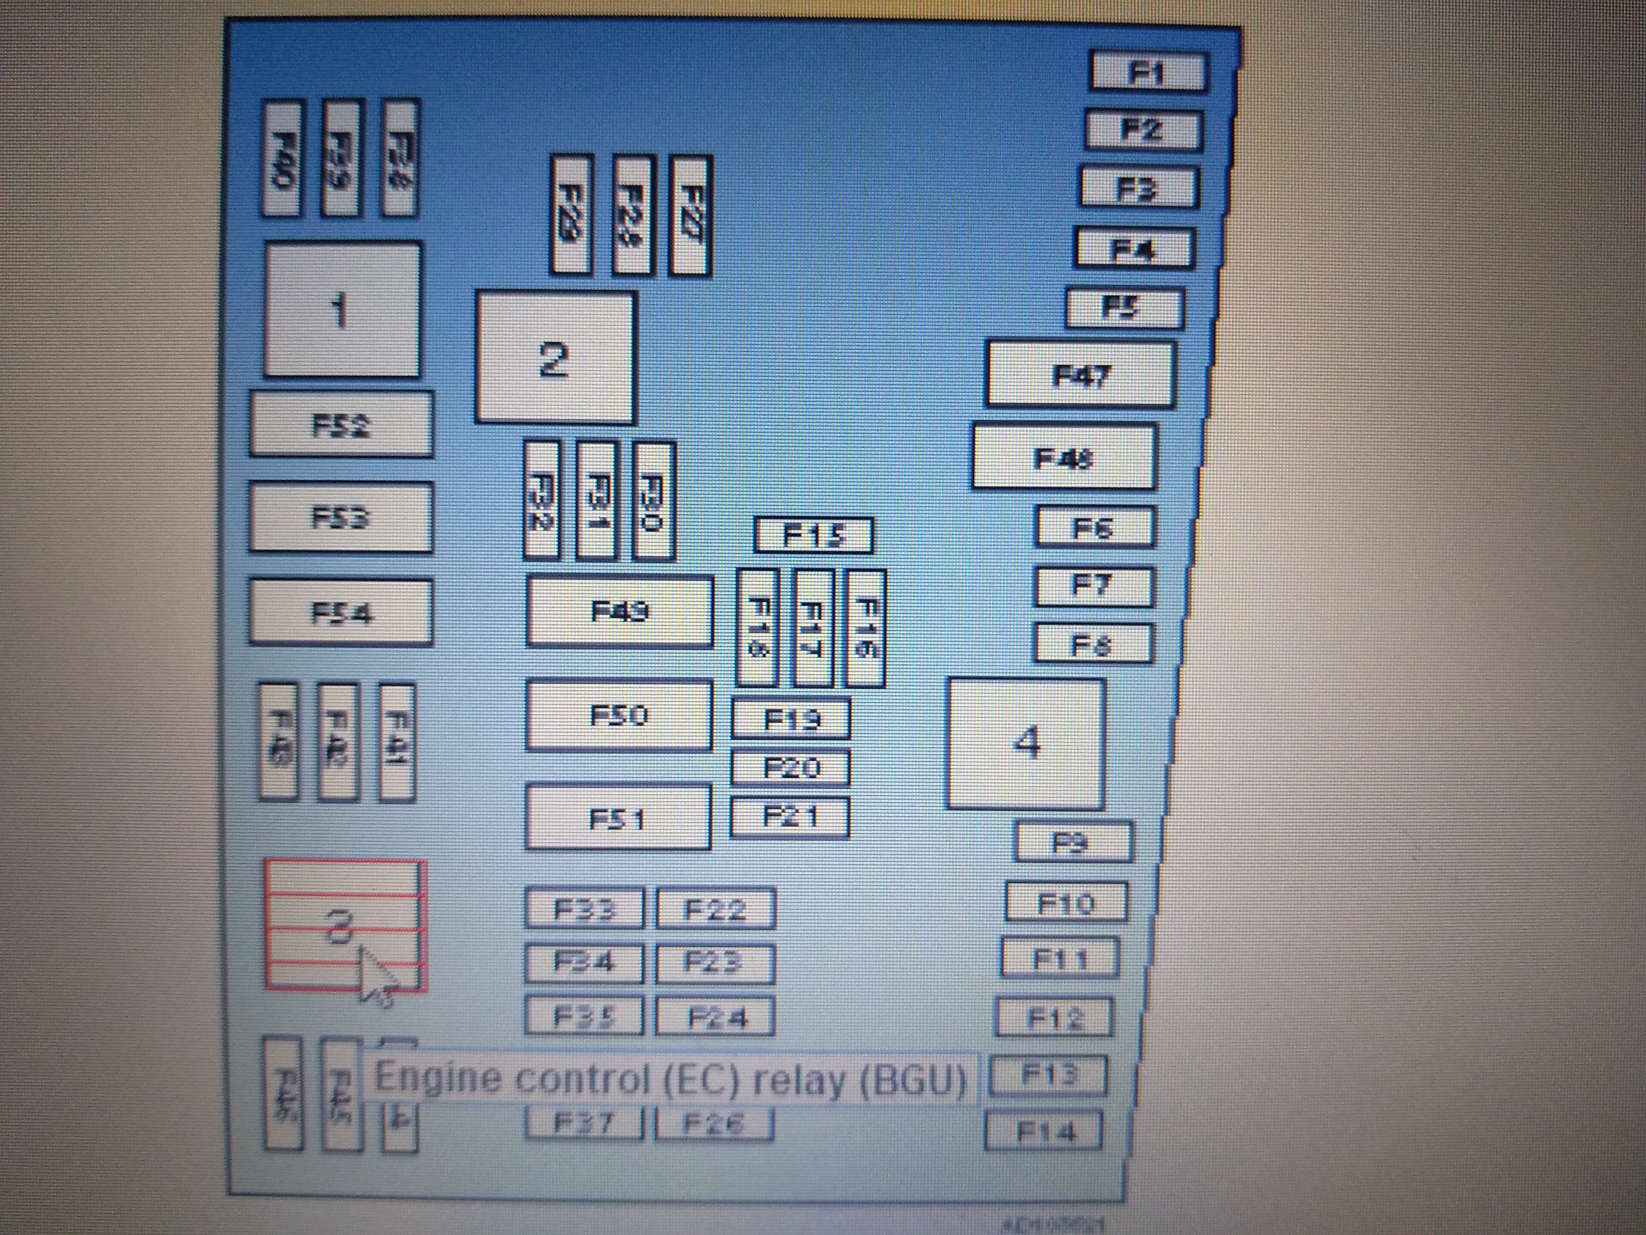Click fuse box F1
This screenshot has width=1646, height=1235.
[1148, 72]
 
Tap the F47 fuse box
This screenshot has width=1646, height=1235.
[1081, 375]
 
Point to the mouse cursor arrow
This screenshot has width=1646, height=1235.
[376, 972]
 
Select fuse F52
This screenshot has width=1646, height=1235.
[341, 424]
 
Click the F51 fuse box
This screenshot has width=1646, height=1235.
[618, 818]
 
